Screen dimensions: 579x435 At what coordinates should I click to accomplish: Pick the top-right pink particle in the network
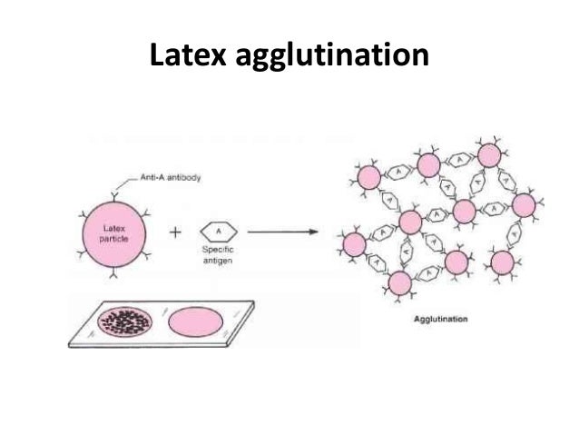[x=488, y=157]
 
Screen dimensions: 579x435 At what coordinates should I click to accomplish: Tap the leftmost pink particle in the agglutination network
[x=354, y=244]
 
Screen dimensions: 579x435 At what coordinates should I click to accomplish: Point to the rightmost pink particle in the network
[x=524, y=205]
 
